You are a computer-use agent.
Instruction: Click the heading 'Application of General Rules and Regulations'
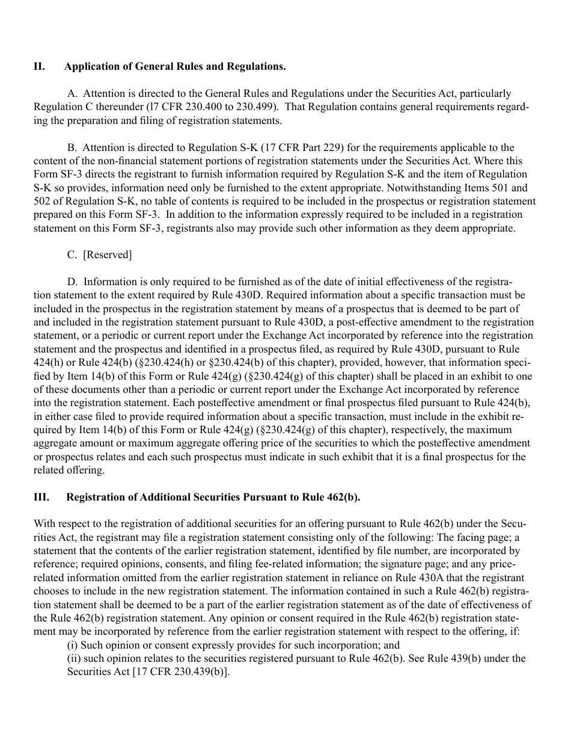coord(175,67)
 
